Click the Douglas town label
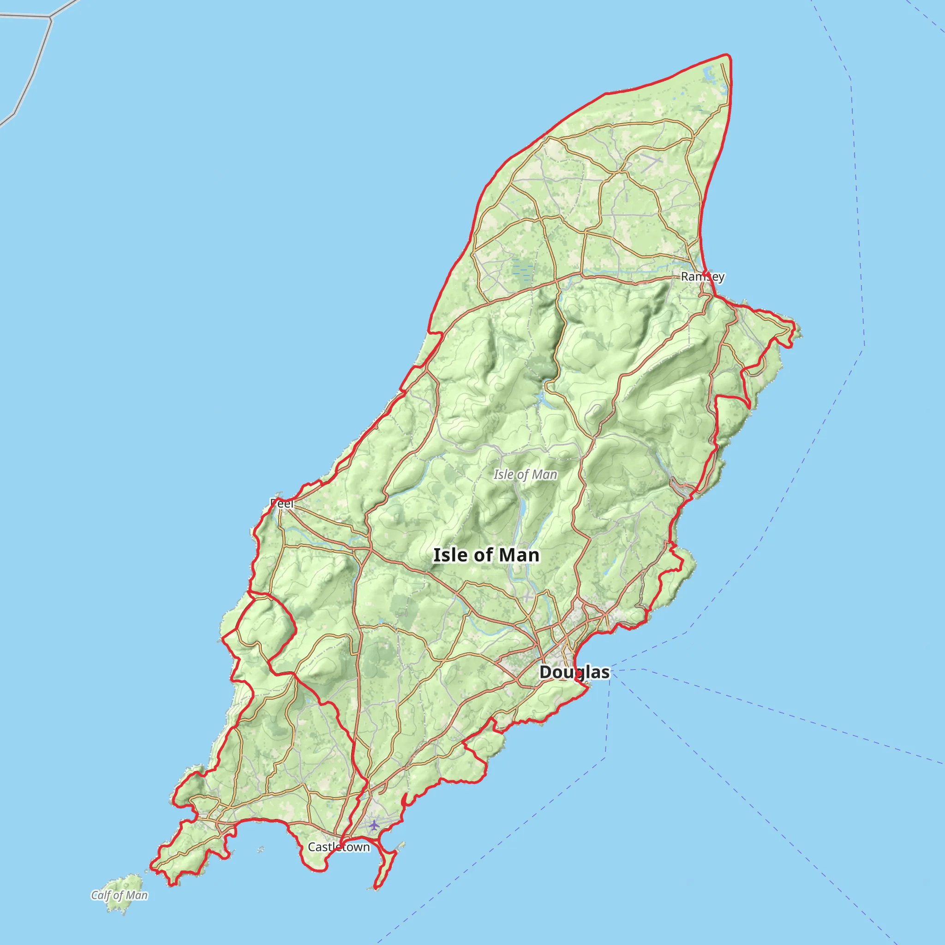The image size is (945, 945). click(574, 672)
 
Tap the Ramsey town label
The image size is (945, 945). click(702, 277)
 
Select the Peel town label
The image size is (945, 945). click(282, 503)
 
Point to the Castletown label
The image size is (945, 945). click(339, 847)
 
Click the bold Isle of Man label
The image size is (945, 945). click(486, 555)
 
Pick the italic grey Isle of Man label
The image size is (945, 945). click(525, 474)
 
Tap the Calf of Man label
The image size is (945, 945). click(120, 895)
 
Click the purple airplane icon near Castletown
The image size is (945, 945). click(374, 825)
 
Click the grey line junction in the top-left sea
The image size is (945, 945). click(50, 18)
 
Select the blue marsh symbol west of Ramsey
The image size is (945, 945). click(522, 270)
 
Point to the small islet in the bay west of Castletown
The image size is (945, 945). click(261, 850)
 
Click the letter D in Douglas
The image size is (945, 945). click(545, 672)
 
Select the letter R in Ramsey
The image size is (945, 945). click(685, 277)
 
